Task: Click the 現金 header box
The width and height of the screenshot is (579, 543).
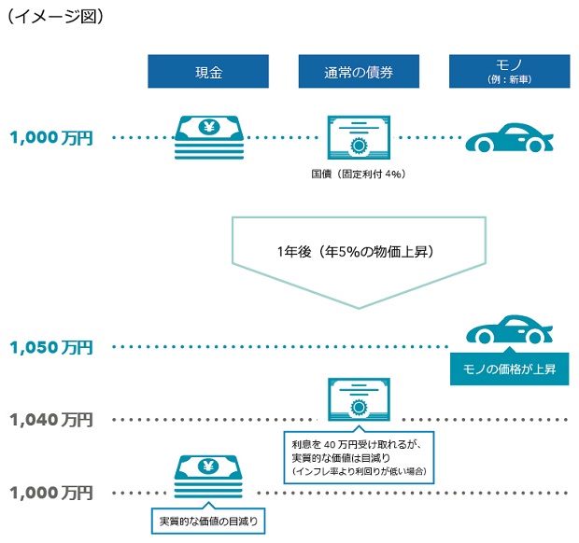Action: (208, 72)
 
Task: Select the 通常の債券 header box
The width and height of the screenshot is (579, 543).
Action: (359, 72)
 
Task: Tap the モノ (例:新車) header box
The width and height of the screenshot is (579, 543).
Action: (510, 72)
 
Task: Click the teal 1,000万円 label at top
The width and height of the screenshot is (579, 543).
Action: (51, 138)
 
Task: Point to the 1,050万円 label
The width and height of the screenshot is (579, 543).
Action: (51, 347)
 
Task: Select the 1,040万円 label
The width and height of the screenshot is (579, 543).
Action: (51, 419)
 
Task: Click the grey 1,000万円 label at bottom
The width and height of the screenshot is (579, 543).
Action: (51, 492)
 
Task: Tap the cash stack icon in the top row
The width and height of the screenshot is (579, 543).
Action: (209, 138)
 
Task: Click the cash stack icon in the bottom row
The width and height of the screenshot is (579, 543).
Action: (209, 480)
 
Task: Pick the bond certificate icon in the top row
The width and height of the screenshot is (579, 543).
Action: (360, 139)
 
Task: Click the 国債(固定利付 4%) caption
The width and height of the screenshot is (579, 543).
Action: (358, 174)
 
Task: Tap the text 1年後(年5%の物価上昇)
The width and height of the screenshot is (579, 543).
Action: (360, 252)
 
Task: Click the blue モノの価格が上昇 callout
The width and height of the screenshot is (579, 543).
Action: (510, 369)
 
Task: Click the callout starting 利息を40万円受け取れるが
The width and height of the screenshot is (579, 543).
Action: (359, 456)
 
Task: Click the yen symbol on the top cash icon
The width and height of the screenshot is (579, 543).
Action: (209, 128)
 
